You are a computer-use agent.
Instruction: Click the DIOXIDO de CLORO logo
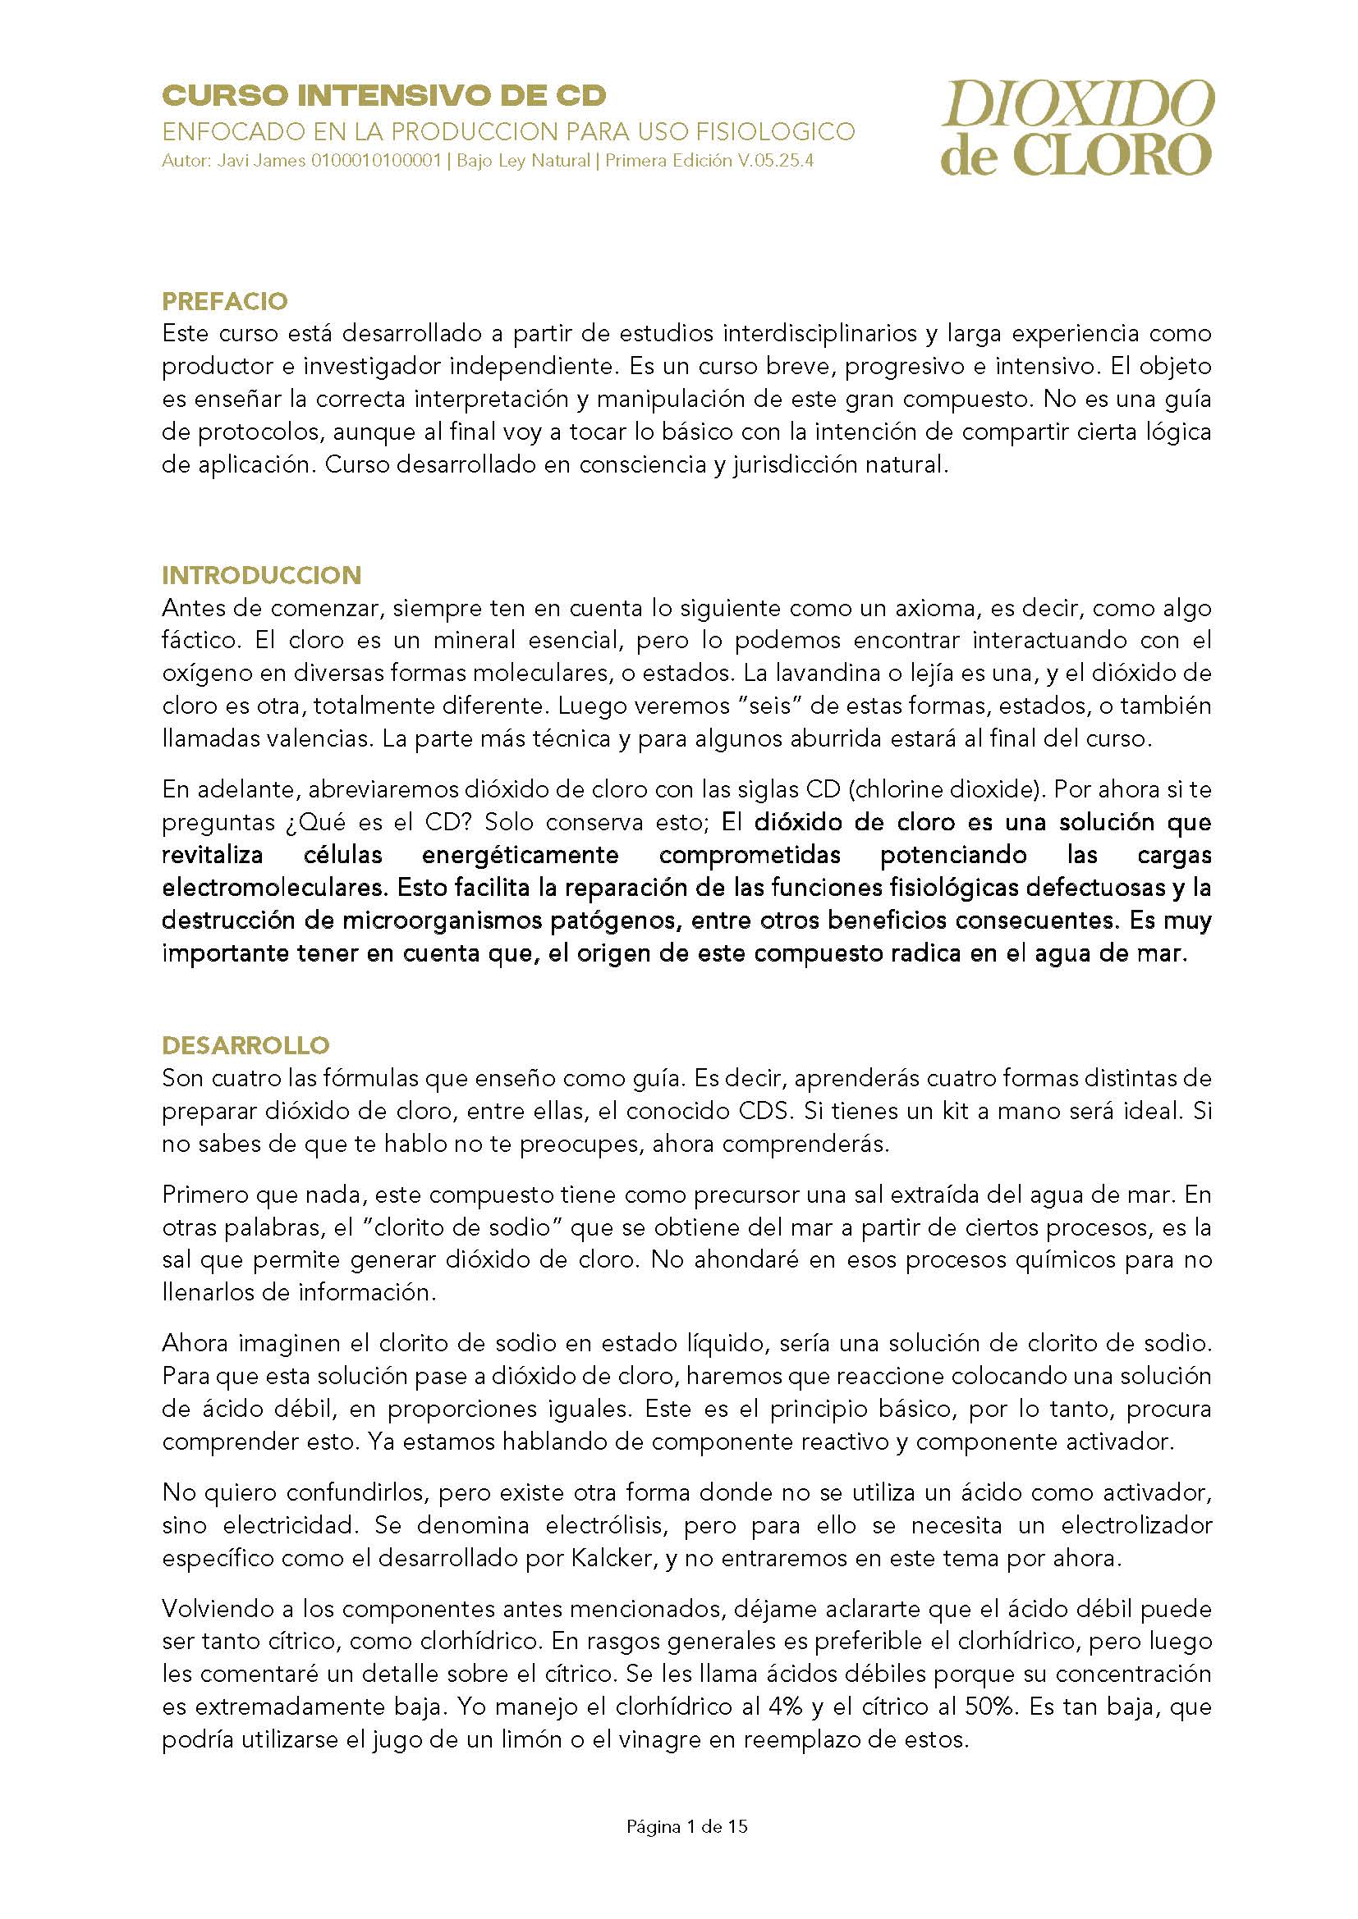[1077, 128]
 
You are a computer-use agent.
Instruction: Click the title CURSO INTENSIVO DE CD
[383, 97]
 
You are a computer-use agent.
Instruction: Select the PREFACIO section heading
[224, 301]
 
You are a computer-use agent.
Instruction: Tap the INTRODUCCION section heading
[262, 575]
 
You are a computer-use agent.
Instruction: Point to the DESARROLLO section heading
[245, 1044]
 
